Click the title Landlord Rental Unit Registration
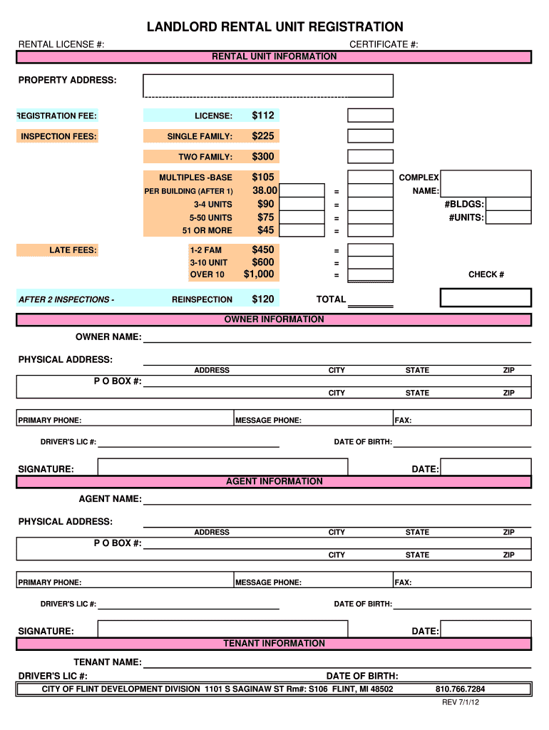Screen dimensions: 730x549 [x=274, y=27]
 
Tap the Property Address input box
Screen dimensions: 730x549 [x=268, y=85]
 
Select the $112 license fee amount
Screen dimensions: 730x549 [x=262, y=115]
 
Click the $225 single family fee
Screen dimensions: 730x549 [x=262, y=136]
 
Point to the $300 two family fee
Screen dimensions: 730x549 [x=262, y=157]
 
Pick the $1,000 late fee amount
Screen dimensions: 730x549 [x=259, y=274]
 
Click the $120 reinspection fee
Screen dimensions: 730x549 [x=262, y=299]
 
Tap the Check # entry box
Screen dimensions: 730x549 [x=486, y=297]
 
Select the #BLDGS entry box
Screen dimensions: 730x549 [x=508, y=205]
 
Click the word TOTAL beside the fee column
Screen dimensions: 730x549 [x=331, y=299]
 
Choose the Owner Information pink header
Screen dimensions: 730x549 [x=274, y=319]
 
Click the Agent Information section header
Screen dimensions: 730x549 [x=274, y=481]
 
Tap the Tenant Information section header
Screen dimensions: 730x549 [x=274, y=643]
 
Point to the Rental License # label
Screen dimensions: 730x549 [x=61, y=44]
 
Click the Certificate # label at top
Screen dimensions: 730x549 [x=384, y=44]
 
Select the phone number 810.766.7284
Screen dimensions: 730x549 [x=460, y=689]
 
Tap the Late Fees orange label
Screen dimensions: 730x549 [x=73, y=250]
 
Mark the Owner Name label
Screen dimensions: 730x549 [x=108, y=336]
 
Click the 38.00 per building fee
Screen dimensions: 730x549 [x=265, y=191]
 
